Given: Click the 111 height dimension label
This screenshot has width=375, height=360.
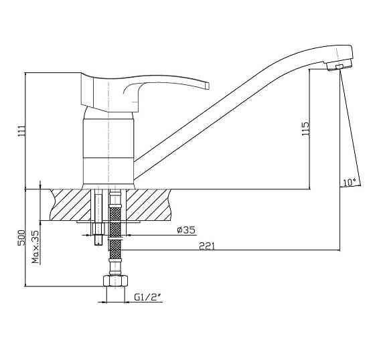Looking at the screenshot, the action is point(21,130).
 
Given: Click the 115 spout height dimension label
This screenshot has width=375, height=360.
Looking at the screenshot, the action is point(305,129).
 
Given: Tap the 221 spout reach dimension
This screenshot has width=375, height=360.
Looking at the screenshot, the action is point(207,246).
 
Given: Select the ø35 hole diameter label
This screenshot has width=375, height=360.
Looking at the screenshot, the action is point(186,230).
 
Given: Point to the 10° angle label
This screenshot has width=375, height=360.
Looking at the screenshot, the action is point(350,183).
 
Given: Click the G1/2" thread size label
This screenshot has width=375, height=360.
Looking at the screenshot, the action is point(148,297).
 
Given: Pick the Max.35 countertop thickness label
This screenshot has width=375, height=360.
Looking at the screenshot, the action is point(35,247).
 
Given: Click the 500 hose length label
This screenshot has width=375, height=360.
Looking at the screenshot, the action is point(21,238).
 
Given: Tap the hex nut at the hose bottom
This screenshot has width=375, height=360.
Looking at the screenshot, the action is point(115,280).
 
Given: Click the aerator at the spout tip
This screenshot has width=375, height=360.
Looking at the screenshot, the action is point(340,66).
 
